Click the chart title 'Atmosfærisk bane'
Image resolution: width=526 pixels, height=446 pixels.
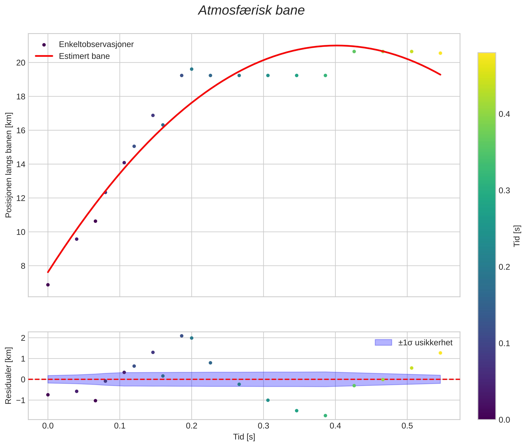click(x=251, y=11)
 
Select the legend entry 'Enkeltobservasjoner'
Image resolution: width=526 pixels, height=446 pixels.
click(x=96, y=44)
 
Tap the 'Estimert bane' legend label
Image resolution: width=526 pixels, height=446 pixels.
click(x=84, y=56)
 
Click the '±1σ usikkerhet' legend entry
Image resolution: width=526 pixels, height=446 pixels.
click(x=425, y=343)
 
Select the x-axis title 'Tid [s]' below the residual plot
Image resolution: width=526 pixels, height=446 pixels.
click(x=244, y=437)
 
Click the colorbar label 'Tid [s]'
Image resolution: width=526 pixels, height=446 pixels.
click(x=517, y=236)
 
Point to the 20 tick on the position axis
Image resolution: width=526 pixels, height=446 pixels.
click(x=21, y=63)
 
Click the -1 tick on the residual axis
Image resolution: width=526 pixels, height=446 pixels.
click(x=21, y=400)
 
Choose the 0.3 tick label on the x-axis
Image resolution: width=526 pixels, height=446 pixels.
click(x=263, y=426)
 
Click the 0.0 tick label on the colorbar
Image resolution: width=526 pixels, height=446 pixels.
click(x=504, y=420)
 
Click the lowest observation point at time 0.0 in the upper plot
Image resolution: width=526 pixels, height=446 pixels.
click(x=48, y=285)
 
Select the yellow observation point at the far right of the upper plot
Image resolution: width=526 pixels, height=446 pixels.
click(x=440, y=53)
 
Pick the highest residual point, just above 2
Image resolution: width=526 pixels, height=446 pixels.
click(x=181, y=336)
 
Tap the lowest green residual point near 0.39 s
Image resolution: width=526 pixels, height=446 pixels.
click(x=325, y=415)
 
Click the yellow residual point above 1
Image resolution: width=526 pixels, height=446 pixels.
click(x=440, y=353)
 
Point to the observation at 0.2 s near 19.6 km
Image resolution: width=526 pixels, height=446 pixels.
click(x=192, y=69)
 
